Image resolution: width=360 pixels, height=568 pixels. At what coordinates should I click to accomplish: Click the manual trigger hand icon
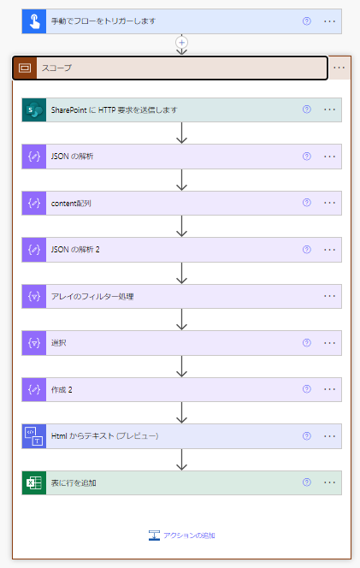click(34, 21)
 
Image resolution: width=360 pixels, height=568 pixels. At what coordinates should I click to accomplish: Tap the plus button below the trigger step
click(181, 43)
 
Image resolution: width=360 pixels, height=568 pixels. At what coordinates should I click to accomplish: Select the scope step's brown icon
click(25, 68)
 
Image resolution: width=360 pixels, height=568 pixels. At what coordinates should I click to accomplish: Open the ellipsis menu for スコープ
click(339, 68)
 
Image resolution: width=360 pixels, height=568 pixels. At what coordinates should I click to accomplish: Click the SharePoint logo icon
click(34, 109)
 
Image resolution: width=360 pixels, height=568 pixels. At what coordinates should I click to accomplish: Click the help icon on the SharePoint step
click(307, 109)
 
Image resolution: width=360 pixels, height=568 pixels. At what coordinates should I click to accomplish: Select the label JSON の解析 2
click(75, 250)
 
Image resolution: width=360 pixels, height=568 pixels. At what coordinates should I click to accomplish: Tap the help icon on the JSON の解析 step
click(307, 157)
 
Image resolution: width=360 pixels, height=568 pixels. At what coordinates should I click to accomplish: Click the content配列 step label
click(71, 204)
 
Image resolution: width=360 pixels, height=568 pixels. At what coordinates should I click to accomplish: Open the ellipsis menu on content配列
click(329, 203)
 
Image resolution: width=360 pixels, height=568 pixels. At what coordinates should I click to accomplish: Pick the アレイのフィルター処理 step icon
click(34, 296)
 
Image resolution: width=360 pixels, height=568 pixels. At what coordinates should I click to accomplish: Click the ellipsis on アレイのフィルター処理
click(329, 296)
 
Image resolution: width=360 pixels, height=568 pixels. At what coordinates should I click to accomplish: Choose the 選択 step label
click(59, 343)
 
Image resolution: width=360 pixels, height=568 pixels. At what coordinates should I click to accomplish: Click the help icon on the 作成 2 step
click(307, 389)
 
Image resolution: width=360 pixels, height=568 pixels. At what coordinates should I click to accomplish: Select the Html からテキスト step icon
click(34, 436)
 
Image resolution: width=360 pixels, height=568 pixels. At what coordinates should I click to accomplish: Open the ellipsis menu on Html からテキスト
click(329, 436)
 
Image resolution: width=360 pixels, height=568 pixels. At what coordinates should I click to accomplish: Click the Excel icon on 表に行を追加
click(34, 482)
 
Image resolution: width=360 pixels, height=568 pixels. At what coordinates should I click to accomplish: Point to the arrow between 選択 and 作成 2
click(181, 366)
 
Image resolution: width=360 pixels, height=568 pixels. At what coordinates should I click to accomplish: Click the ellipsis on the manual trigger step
click(329, 21)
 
